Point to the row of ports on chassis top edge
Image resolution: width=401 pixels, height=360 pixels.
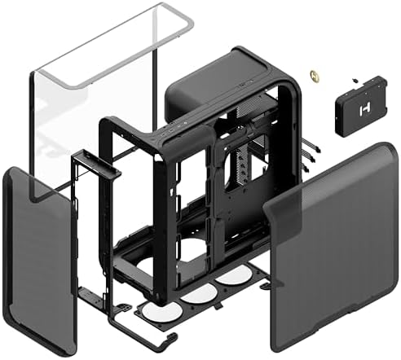(x=174, y=130)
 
